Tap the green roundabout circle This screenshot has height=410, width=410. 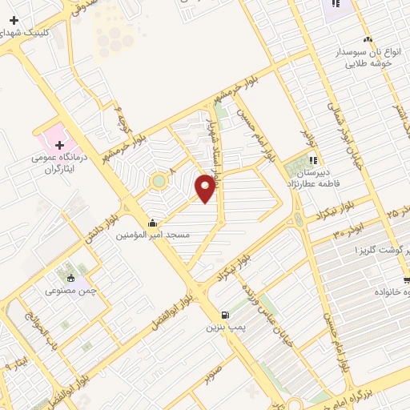pos(159,180)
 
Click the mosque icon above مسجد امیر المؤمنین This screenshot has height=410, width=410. pos(152,223)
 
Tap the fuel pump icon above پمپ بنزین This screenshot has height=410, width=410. pos(224,315)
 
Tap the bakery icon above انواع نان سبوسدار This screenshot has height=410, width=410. pos(368,38)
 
